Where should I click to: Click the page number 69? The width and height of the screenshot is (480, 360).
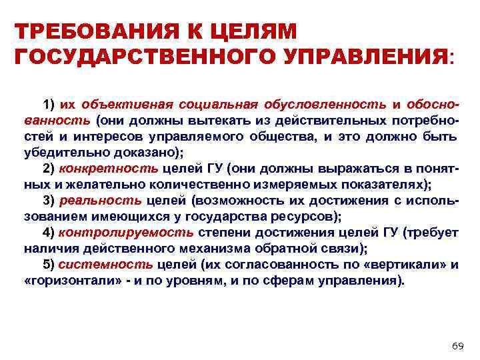457,345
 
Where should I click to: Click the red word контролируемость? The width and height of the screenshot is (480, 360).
127,232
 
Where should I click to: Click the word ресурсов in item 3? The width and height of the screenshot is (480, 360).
311,215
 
